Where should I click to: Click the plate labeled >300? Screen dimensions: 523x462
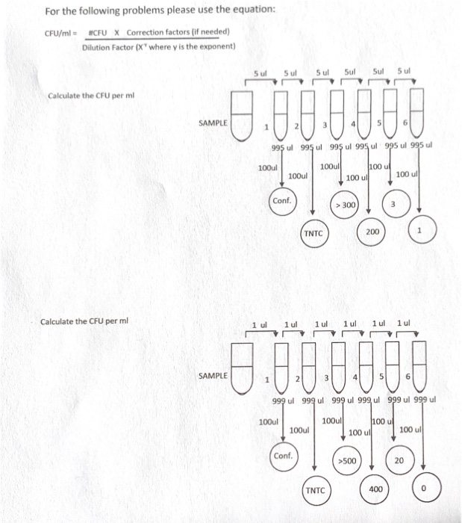point(346,204)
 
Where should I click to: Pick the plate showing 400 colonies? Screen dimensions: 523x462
point(375,489)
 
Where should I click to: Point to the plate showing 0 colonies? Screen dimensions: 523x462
point(423,490)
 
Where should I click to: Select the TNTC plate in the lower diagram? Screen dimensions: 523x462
point(314,490)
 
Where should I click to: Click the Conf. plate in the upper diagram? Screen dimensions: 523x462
point(282,202)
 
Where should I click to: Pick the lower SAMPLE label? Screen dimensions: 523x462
point(213,375)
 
